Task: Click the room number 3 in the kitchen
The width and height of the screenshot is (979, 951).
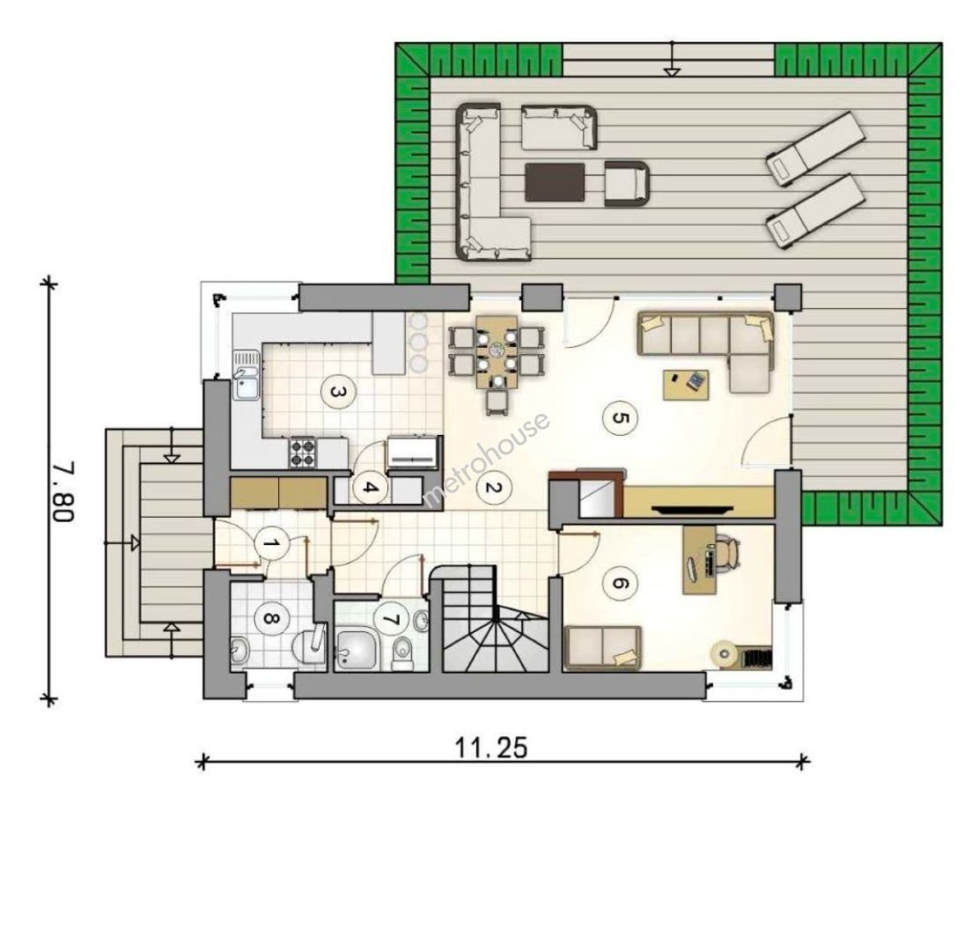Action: (337, 393)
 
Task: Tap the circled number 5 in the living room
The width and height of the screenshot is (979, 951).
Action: (620, 417)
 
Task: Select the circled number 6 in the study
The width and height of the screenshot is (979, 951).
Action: (620, 583)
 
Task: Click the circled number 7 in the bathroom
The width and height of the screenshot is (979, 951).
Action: (390, 619)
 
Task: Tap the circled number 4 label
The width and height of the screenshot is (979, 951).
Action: (370, 488)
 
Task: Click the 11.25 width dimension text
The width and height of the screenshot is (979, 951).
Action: (490, 748)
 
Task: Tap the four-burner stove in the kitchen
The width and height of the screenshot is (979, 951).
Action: (303, 453)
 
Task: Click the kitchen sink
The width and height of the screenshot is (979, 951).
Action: (247, 374)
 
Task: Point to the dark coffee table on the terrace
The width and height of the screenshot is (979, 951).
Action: (555, 182)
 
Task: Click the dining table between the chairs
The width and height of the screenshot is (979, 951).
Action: (497, 351)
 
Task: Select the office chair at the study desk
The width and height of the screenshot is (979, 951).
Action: (726, 553)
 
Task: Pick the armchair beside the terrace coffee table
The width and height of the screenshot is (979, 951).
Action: (626, 183)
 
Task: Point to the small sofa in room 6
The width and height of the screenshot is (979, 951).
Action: (602, 647)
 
